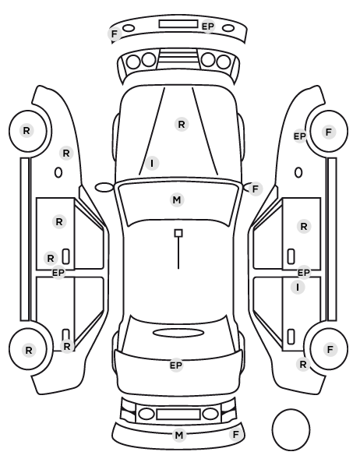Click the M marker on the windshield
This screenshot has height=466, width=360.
(x=177, y=199)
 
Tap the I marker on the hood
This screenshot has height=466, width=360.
(x=152, y=163)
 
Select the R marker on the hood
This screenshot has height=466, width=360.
(x=182, y=124)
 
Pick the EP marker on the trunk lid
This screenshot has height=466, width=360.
(x=176, y=365)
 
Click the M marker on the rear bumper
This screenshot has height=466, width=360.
(x=179, y=435)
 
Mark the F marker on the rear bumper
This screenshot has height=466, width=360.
(x=236, y=435)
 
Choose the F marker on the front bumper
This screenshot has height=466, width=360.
(x=115, y=34)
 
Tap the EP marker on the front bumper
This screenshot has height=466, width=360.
(x=208, y=26)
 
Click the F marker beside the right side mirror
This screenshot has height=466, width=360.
(x=256, y=189)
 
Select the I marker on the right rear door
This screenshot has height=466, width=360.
(x=298, y=287)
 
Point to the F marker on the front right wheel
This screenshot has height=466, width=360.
(x=329, y=132)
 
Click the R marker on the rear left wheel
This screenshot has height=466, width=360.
(x=29, y=350)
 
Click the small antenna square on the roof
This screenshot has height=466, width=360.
(x=178, y=233)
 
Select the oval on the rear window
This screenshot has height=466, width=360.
(x=178, y=333)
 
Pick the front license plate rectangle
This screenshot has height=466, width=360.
(x=178, y=24)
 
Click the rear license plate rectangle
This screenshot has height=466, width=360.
(x=178, y=414)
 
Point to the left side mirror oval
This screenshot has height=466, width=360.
(x=104, y=188)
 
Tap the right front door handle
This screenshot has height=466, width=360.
(x=291, y=256)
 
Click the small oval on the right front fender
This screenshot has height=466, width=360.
(x=298, y=173)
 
